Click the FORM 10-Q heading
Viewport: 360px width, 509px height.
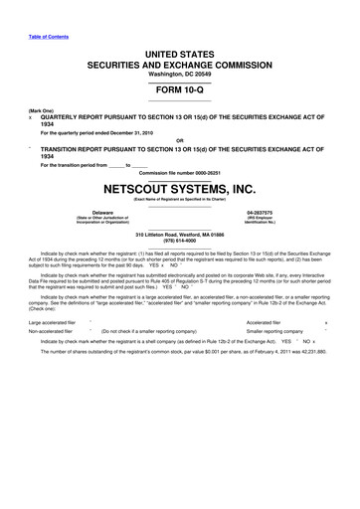coord(179,85)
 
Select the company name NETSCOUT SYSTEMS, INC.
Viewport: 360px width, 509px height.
coord(179,186)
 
